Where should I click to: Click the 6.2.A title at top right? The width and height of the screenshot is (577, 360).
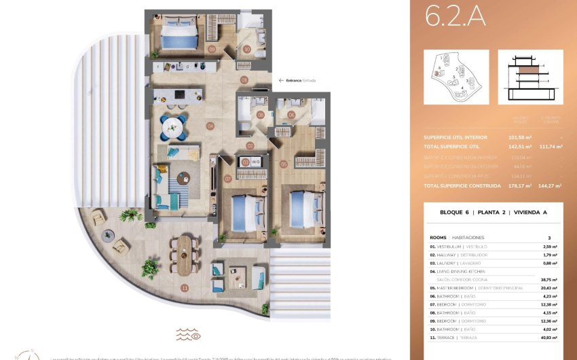pyautogui.click(x=455, y=16)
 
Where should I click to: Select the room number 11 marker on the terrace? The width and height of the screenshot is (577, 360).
pyautogui.click(x=184, y=287)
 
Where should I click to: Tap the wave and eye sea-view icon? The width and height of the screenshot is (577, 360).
pyautogui.click(x=188, y=334)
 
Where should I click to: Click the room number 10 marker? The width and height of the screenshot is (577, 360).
pyautogui.click(x=247, y=49)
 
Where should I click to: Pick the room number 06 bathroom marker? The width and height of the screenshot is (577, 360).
pyautogui.click(x=291, y=115)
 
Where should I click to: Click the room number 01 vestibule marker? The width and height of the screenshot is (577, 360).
pyautogui.click(x=244, y=79)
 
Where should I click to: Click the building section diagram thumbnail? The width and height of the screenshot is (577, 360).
pyautogui.click(x=530, y=77)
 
